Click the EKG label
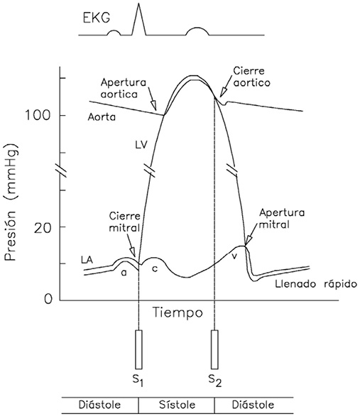pyautogui.click(x=97, y=18)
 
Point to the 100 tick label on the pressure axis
pyautogui.click(x=38, y=116)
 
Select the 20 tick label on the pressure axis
pyautogui.click(x=42, y=227)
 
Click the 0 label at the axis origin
pyautogui.click(x=48, y=299)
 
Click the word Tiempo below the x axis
pyautogui.click(x=178, y=312)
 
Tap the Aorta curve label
pyautogui.click(x=102, y=117)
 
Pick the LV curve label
pyautogui.click(x=141, y=145)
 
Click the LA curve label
pyautogui.click(x=87, y=260)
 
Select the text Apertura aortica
pyautogui.click(x=124, y=88)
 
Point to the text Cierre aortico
pyautogui.click(x=251, y=77)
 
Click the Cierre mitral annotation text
pyautogui.click(x=125, y=222)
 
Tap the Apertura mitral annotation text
pyautogui.click(x=282, y=219)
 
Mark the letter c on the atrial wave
pyautogui.click(x=155, y=269)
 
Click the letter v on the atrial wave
pyautogui.click(x=234, y=256)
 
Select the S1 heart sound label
pyautogui.click(x=138, y=381)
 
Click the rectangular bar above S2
pyautogui.click(x=214, y=349)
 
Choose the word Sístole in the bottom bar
pyautogui.click(x=178, y=405)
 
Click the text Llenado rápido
pyautogui.click(x=316, y=284)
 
